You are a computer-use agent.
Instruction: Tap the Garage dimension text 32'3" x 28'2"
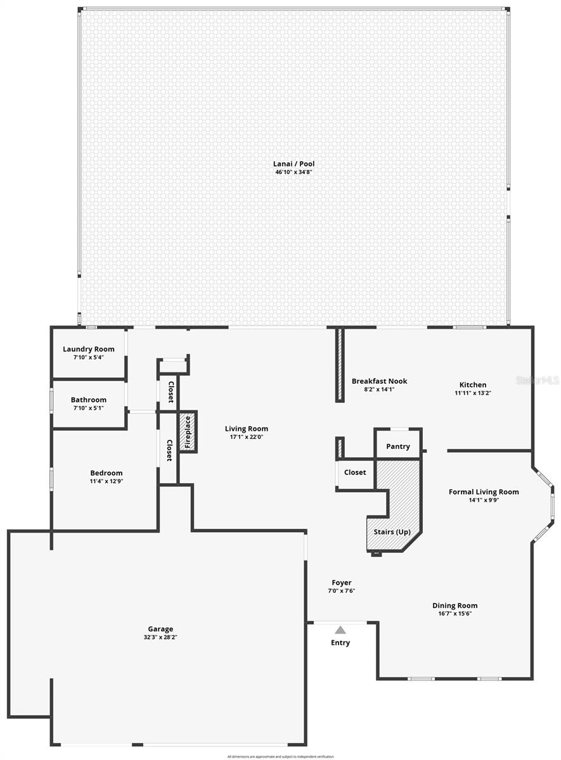[160, 638]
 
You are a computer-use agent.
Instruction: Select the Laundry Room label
[89, 349]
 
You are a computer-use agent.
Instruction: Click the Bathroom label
[89, 400]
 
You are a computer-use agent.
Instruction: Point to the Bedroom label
[106, 473]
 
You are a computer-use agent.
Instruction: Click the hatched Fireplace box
[188, 432]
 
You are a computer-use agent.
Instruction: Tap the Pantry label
[398, 446]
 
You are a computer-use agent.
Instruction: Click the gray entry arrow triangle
[340, 630]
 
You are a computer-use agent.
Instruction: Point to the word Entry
[340, 643]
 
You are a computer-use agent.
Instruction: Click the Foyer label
[342, 583]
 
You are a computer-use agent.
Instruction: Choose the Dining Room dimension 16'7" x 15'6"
[455, 613]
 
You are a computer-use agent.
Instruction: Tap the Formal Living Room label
[484, 491]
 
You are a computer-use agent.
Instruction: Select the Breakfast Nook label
[379, 381]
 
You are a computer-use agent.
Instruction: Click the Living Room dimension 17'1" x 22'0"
[246, 437]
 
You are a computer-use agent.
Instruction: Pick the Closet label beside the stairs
[355, 472]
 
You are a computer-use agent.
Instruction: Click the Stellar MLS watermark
[538, 380]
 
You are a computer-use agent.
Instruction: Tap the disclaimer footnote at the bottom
[280, 756]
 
